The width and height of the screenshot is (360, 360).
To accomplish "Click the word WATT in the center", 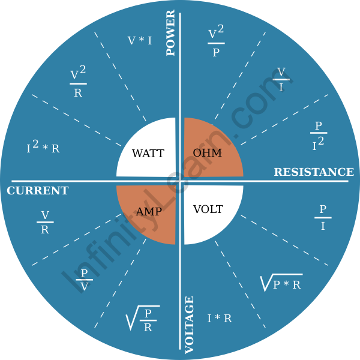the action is tap(148, 153).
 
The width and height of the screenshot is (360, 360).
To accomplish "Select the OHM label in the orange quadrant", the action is tap(208, 152).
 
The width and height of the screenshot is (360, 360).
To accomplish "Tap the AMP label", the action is tap(149, 211).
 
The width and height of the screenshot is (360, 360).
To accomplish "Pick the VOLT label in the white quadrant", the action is tap(208, 209).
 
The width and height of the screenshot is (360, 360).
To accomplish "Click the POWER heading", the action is tap(170, 32).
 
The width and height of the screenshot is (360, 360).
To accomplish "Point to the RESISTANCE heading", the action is tap(314, 172).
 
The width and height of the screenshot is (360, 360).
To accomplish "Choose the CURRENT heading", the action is tap(38, 191).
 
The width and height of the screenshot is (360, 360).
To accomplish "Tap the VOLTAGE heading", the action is tap(190, 325).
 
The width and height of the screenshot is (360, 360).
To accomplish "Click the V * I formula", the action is tap(140, 40).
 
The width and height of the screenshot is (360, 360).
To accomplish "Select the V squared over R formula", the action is tap(78, 81).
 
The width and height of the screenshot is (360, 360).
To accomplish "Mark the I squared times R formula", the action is tap(43, 147).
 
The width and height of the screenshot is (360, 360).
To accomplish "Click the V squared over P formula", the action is tap(216, 41).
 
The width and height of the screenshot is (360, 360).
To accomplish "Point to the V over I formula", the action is tap(281, 79).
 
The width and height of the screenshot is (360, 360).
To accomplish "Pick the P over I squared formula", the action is tap(319, 136).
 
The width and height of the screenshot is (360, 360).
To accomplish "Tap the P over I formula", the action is tap(323, 217).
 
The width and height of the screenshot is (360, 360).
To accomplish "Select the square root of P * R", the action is tap(281, 283).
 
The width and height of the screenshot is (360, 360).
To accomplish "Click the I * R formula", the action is tap(220, 319).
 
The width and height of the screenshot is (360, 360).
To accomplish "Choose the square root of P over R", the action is tap(143, 319).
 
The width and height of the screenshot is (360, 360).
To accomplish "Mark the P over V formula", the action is tap(84, 280).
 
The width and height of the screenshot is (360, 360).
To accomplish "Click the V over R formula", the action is tap(45, 222).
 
